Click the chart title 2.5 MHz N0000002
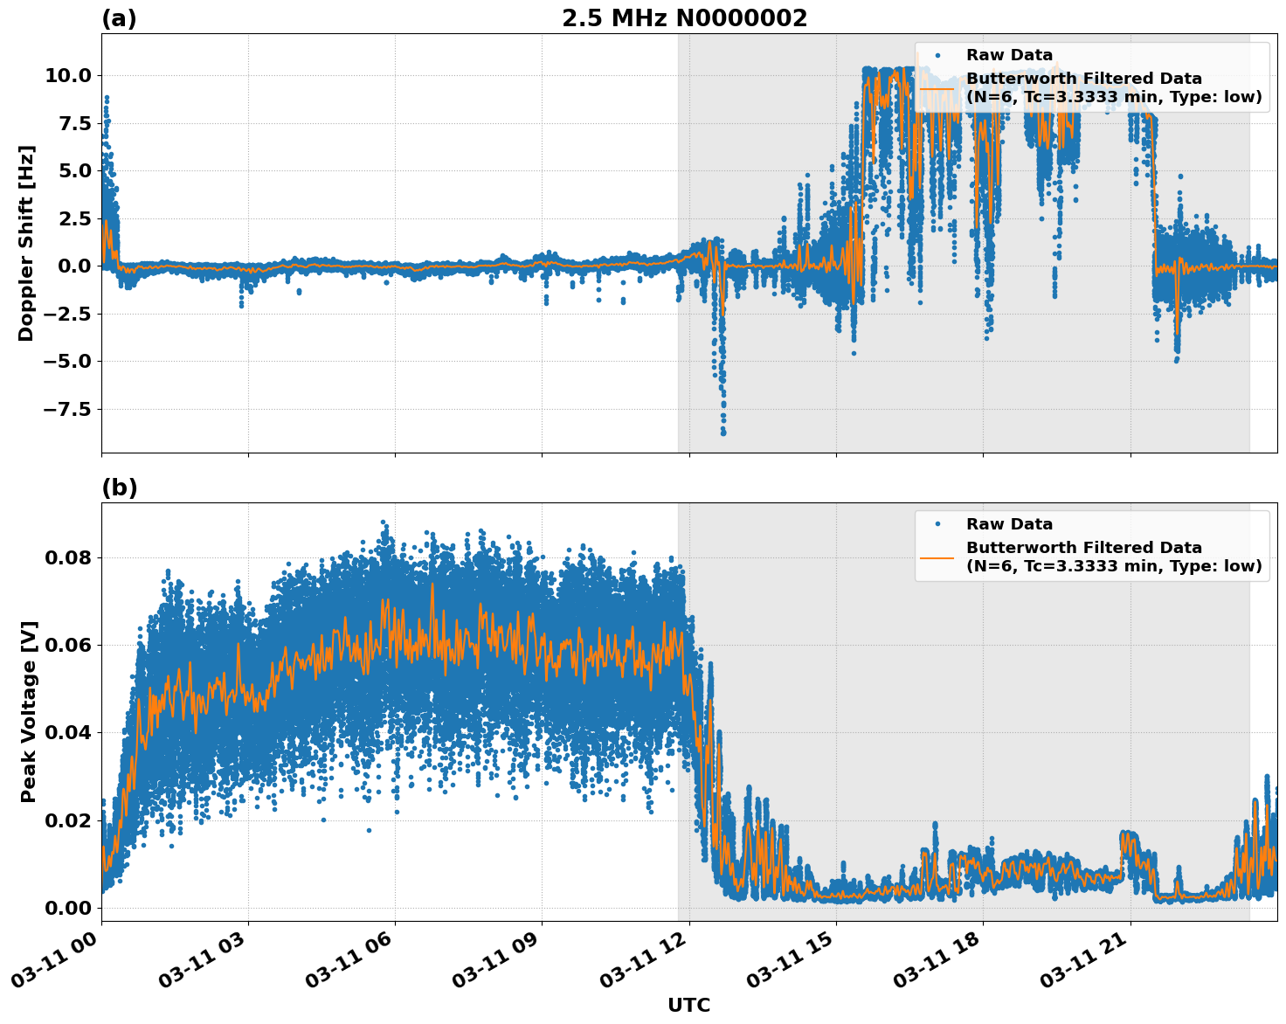pyautogui.click(x=684, y=18)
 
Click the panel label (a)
pyautogui.click(x=119, y=18)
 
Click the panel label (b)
pyautogui.click(x=119, y=488)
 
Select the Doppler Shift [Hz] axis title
pyautogui.click(x=26, y=243)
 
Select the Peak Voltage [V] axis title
pyautogui.click(x=29, y=730)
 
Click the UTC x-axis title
pyautogui.click(x=688, y=1005)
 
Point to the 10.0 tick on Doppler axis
pyautogui.click(x=67, y=76)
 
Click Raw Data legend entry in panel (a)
pyautogui.click(x=1009, y=55)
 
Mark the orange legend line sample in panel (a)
pyautogui.click(x=937, y=88)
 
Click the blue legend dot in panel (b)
pyautogui.click(x=937, y=524)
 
